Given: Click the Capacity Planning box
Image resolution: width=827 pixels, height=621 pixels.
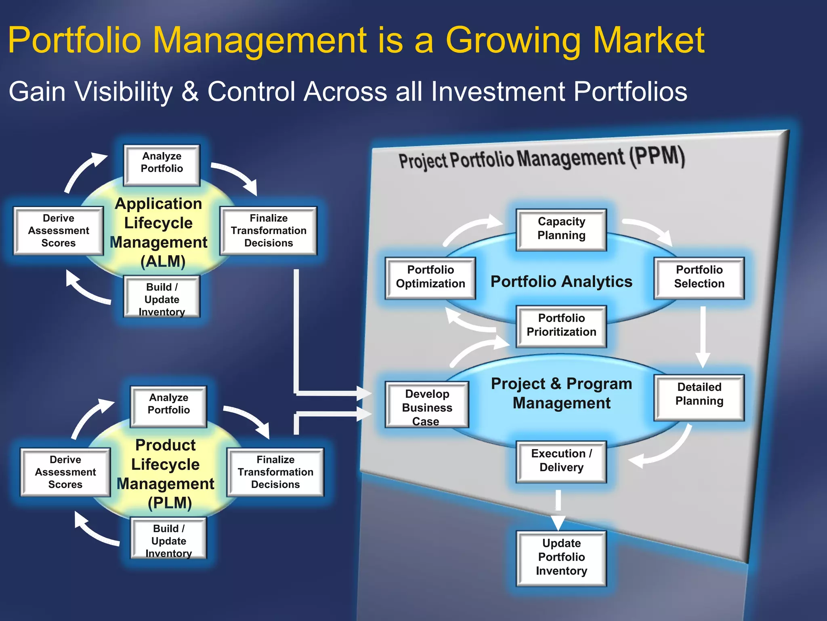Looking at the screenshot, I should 561,229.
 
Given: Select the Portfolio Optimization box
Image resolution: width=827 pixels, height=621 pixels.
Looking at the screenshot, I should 430,277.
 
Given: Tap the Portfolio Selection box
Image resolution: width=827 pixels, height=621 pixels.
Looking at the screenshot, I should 699,277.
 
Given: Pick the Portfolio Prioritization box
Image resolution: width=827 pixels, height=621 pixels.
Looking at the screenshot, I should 561,325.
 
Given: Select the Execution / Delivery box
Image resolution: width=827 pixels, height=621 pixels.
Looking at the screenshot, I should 561,461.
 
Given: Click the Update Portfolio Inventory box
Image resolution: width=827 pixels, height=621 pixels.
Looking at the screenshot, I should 561,558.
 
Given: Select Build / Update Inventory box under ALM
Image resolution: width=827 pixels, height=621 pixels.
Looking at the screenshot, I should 162,298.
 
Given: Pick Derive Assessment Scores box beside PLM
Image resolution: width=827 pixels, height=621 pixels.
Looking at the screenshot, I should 65,472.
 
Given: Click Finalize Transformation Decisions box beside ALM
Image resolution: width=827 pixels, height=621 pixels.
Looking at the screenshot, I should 269,230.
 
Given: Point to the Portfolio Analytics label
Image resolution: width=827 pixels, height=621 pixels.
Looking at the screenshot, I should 561,282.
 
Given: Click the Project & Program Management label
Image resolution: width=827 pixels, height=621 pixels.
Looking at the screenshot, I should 561,393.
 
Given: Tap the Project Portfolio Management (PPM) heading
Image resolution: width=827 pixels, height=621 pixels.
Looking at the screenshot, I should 542,158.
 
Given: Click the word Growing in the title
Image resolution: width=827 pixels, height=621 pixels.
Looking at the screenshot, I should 512,40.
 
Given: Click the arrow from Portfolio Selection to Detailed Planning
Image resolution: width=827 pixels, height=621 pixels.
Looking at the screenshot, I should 703,336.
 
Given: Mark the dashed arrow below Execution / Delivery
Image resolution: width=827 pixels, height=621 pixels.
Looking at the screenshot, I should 558,509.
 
